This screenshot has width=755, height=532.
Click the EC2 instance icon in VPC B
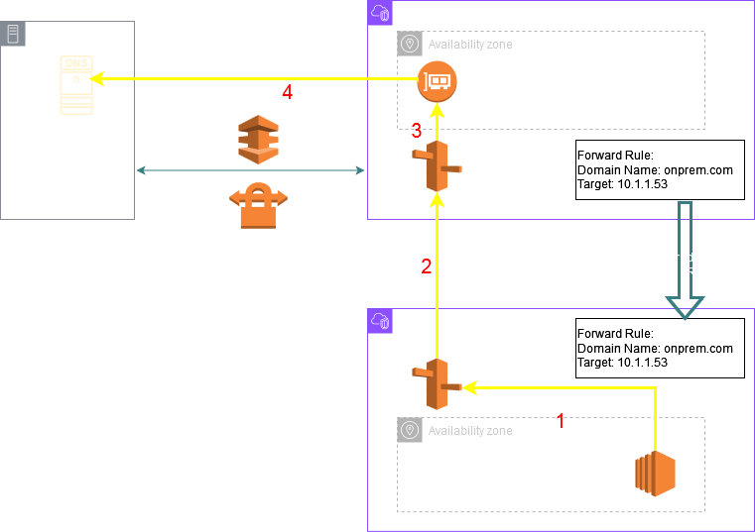point(655,473)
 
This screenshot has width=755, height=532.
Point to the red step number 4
point(288,92)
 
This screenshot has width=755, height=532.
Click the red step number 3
point(417,131)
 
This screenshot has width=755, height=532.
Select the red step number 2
point(426,266)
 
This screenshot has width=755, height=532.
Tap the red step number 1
point(561,421)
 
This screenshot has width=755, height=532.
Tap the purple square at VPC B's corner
point(379,320)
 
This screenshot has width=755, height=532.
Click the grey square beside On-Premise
point(13,33)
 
